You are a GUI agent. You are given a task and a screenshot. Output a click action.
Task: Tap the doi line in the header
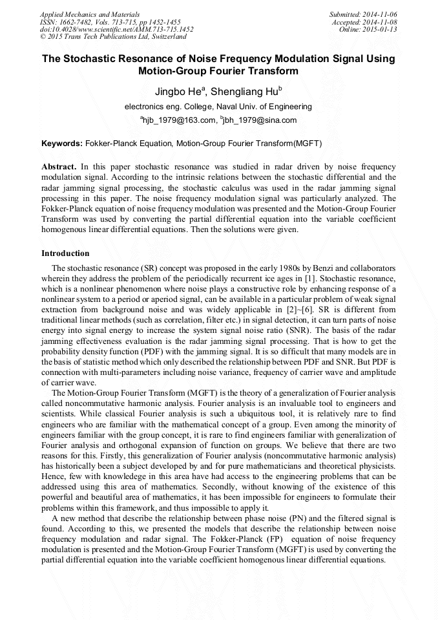click(x=116, y=29)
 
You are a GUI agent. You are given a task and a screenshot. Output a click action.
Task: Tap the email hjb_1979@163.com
click(x=178, y=120)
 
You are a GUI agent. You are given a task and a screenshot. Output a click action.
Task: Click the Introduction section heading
click(x=65, y=253)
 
